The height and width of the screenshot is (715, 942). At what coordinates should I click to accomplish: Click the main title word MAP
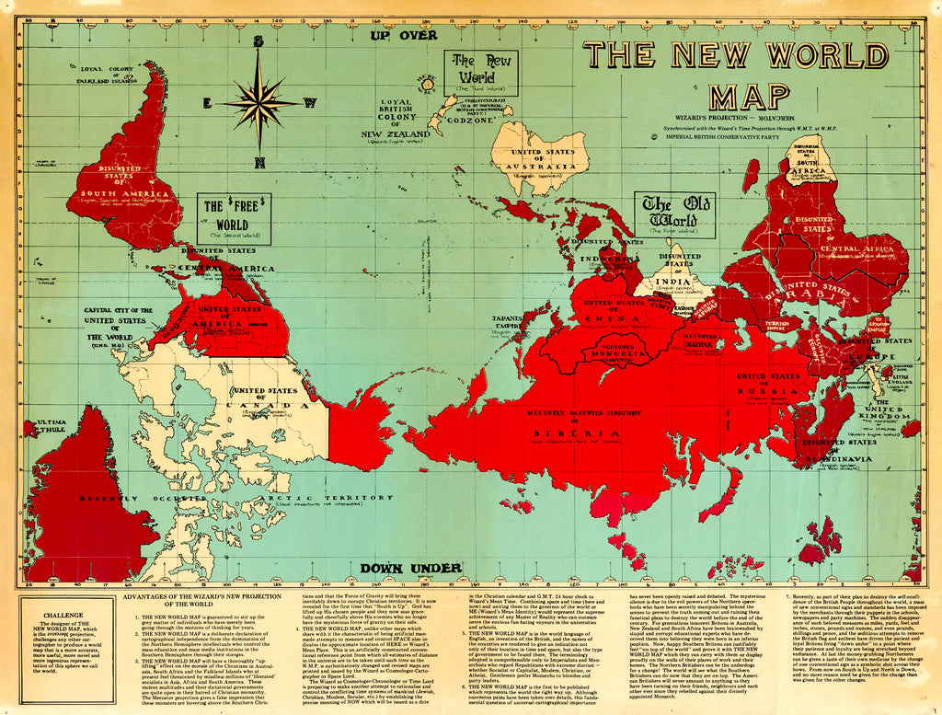[750, 96]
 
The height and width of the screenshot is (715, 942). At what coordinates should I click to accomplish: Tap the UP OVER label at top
[403, 35]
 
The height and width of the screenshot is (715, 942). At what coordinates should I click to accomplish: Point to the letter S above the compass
[259, 41]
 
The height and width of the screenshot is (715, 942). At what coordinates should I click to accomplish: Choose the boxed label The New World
[479, 72]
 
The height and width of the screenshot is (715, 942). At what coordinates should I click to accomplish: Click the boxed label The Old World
[676, 214]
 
